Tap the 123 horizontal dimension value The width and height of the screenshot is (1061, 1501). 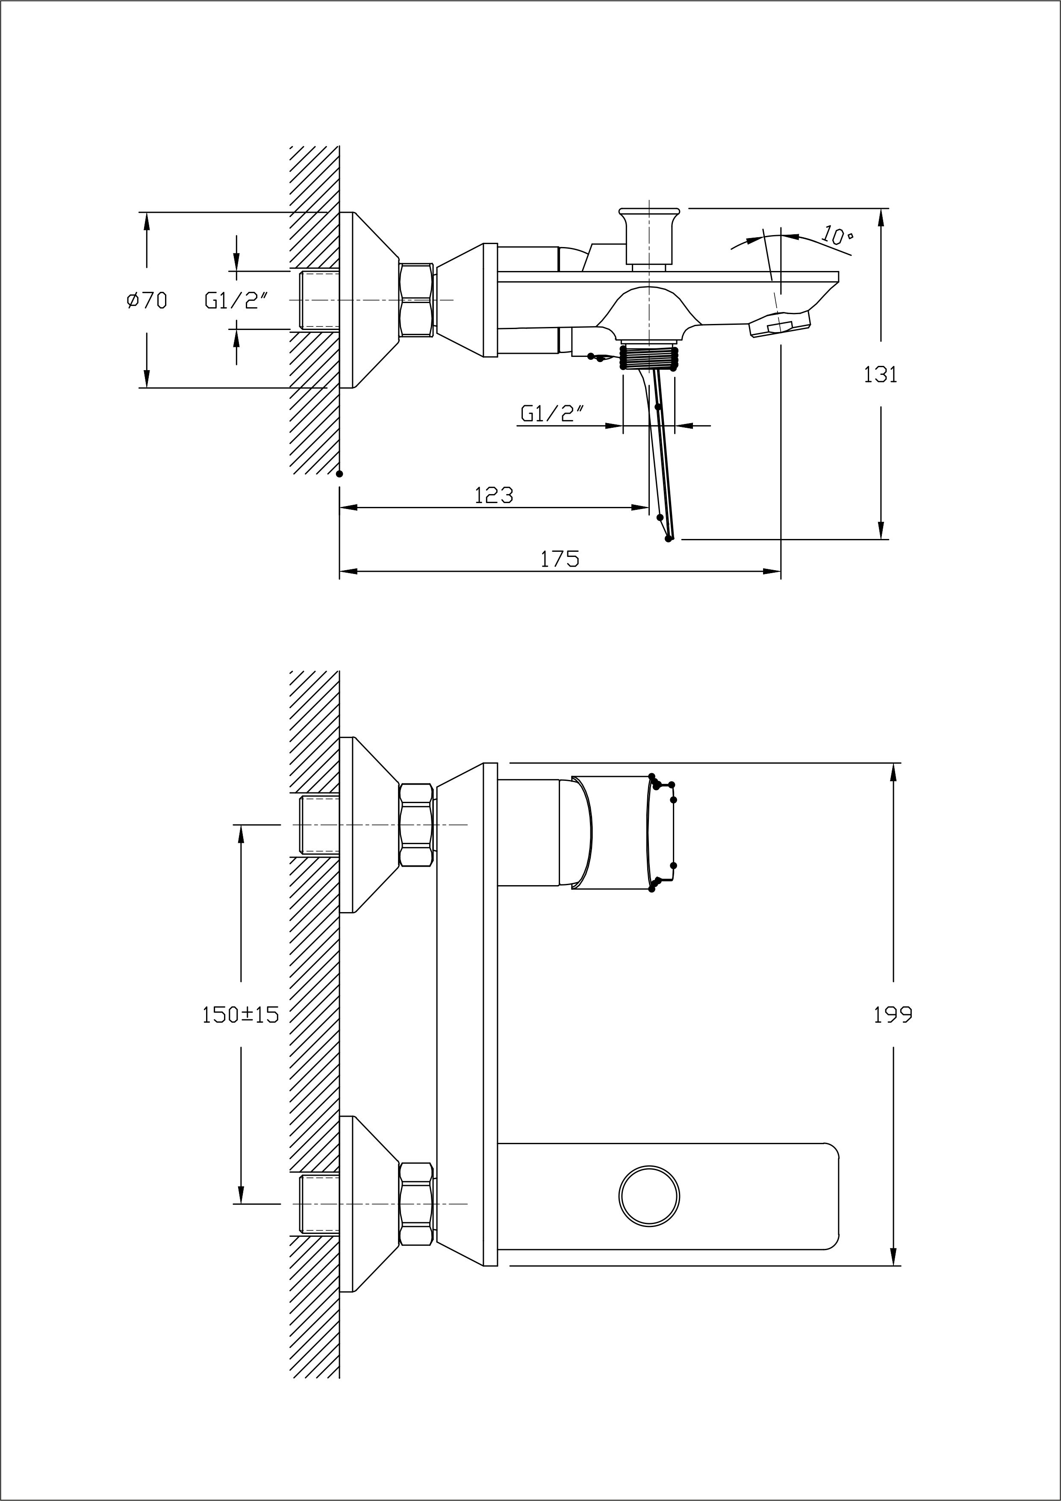tap(494, 495)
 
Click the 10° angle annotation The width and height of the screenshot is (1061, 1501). tap(837, 235)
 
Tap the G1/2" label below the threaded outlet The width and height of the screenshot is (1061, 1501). tap(552, 413)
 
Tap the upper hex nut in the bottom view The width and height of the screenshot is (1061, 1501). tap(416, 825)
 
